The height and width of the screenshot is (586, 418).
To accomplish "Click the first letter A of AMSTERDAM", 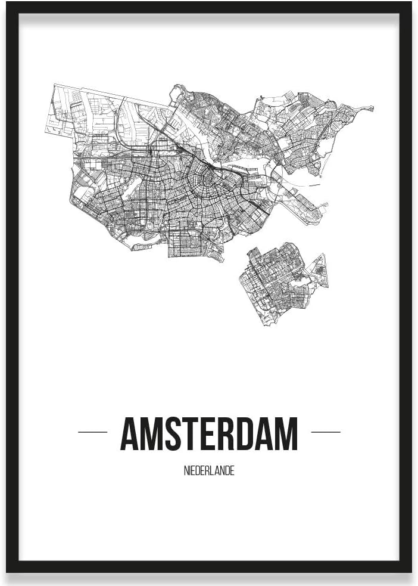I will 131,434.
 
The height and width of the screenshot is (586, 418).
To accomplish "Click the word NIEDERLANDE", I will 209,471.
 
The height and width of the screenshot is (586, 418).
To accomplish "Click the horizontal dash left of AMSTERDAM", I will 92,432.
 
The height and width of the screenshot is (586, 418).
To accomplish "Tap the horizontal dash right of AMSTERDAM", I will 326,432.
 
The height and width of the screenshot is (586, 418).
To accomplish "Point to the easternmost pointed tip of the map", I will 372,108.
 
